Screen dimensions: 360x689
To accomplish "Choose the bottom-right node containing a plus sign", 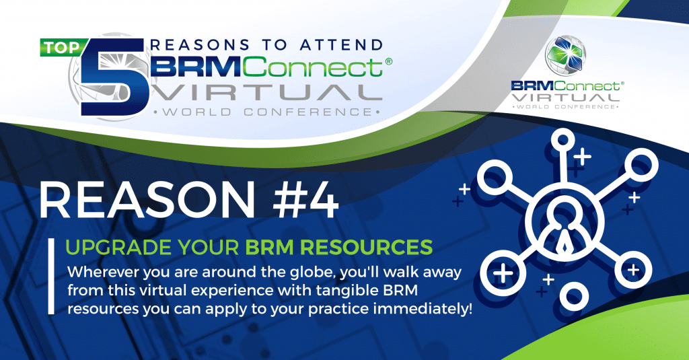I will point(630,269).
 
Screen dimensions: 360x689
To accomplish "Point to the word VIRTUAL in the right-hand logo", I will point(566,99).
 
